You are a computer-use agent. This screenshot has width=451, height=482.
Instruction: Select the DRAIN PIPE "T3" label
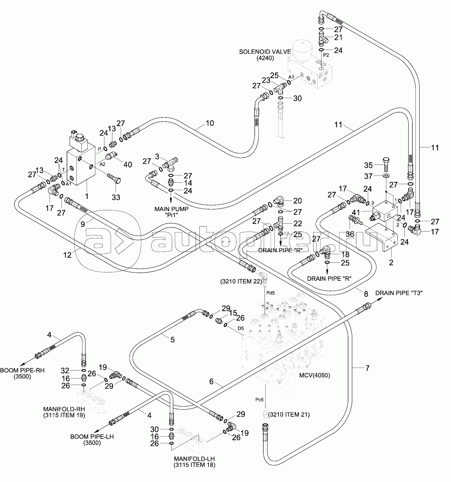(x=399, y=293)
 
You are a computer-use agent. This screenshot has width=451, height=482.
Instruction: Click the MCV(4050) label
(x=314, y=376)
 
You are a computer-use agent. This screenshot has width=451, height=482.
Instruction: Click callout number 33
(x=116, y=197)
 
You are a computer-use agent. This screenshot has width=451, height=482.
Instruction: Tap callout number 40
(x=128, y=164)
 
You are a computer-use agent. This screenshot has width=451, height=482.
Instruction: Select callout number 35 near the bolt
(x=369, y=165)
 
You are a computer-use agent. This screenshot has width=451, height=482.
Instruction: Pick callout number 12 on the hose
(x=67, y=255)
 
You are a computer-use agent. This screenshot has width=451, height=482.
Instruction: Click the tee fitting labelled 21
(x=322, y=39)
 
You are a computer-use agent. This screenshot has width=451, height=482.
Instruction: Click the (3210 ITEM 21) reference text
(x=289, y=415)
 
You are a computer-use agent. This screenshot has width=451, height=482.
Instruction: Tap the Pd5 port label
(x=271, y=293)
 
